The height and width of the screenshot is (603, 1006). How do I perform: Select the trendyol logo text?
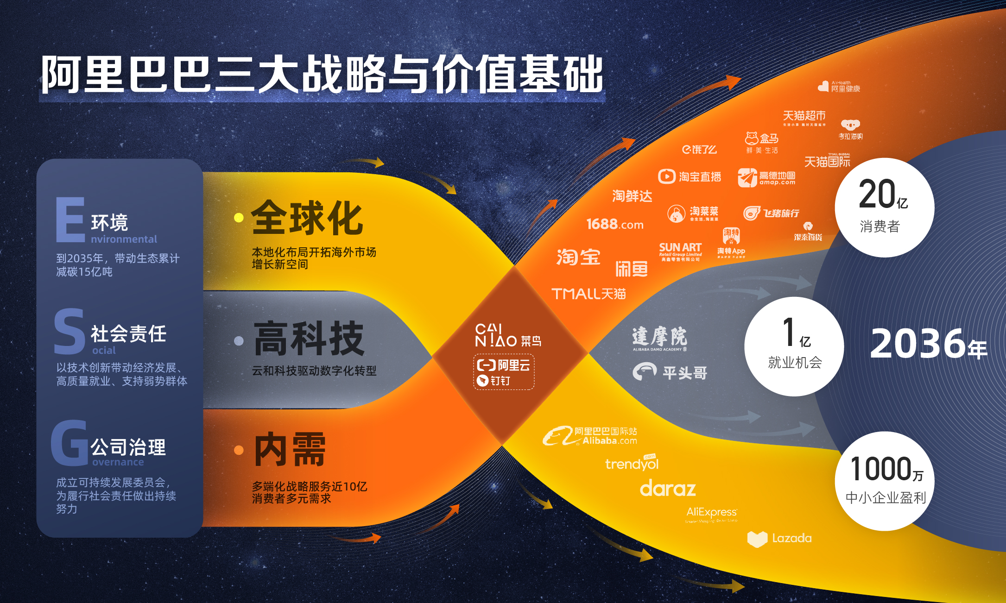coord(632,464)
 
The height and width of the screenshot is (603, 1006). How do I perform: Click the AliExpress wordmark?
coord(711,512)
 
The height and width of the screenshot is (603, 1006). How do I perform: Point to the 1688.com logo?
coord(614,225)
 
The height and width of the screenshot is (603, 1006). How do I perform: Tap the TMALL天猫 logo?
coord(588,294)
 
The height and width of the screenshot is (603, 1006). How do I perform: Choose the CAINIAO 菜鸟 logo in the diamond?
coord(508,336)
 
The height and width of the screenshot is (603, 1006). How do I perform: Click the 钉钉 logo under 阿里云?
coord(494,381)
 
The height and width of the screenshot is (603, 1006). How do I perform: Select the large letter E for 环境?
coord(70,220)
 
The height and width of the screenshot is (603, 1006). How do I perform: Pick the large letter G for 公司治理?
coord(70,443)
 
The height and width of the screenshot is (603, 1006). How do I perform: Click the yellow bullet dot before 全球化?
coord(239,218)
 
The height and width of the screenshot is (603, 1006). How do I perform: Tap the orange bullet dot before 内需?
coord(239,450)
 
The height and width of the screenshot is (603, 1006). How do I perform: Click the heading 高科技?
coord(309,339)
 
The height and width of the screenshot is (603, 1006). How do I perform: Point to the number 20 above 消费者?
coord(876,195)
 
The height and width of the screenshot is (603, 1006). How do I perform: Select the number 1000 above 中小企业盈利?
coord(880,469)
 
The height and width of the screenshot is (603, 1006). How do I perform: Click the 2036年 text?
coord(928,344)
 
